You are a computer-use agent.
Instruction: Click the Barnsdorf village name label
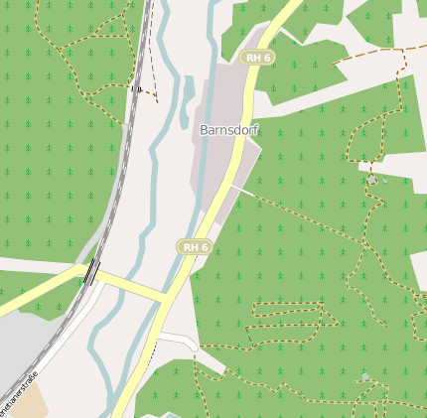[229, 130]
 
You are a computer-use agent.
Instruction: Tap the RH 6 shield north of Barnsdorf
[258, 58]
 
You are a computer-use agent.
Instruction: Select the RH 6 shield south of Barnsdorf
[195, 246]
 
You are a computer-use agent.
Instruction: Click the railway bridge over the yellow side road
[91, 271]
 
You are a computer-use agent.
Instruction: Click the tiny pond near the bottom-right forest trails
[365, 377]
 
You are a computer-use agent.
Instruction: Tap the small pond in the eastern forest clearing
[372, 181]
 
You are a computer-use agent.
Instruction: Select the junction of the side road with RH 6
[165, 296]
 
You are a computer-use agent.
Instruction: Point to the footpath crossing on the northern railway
[135, 88]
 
